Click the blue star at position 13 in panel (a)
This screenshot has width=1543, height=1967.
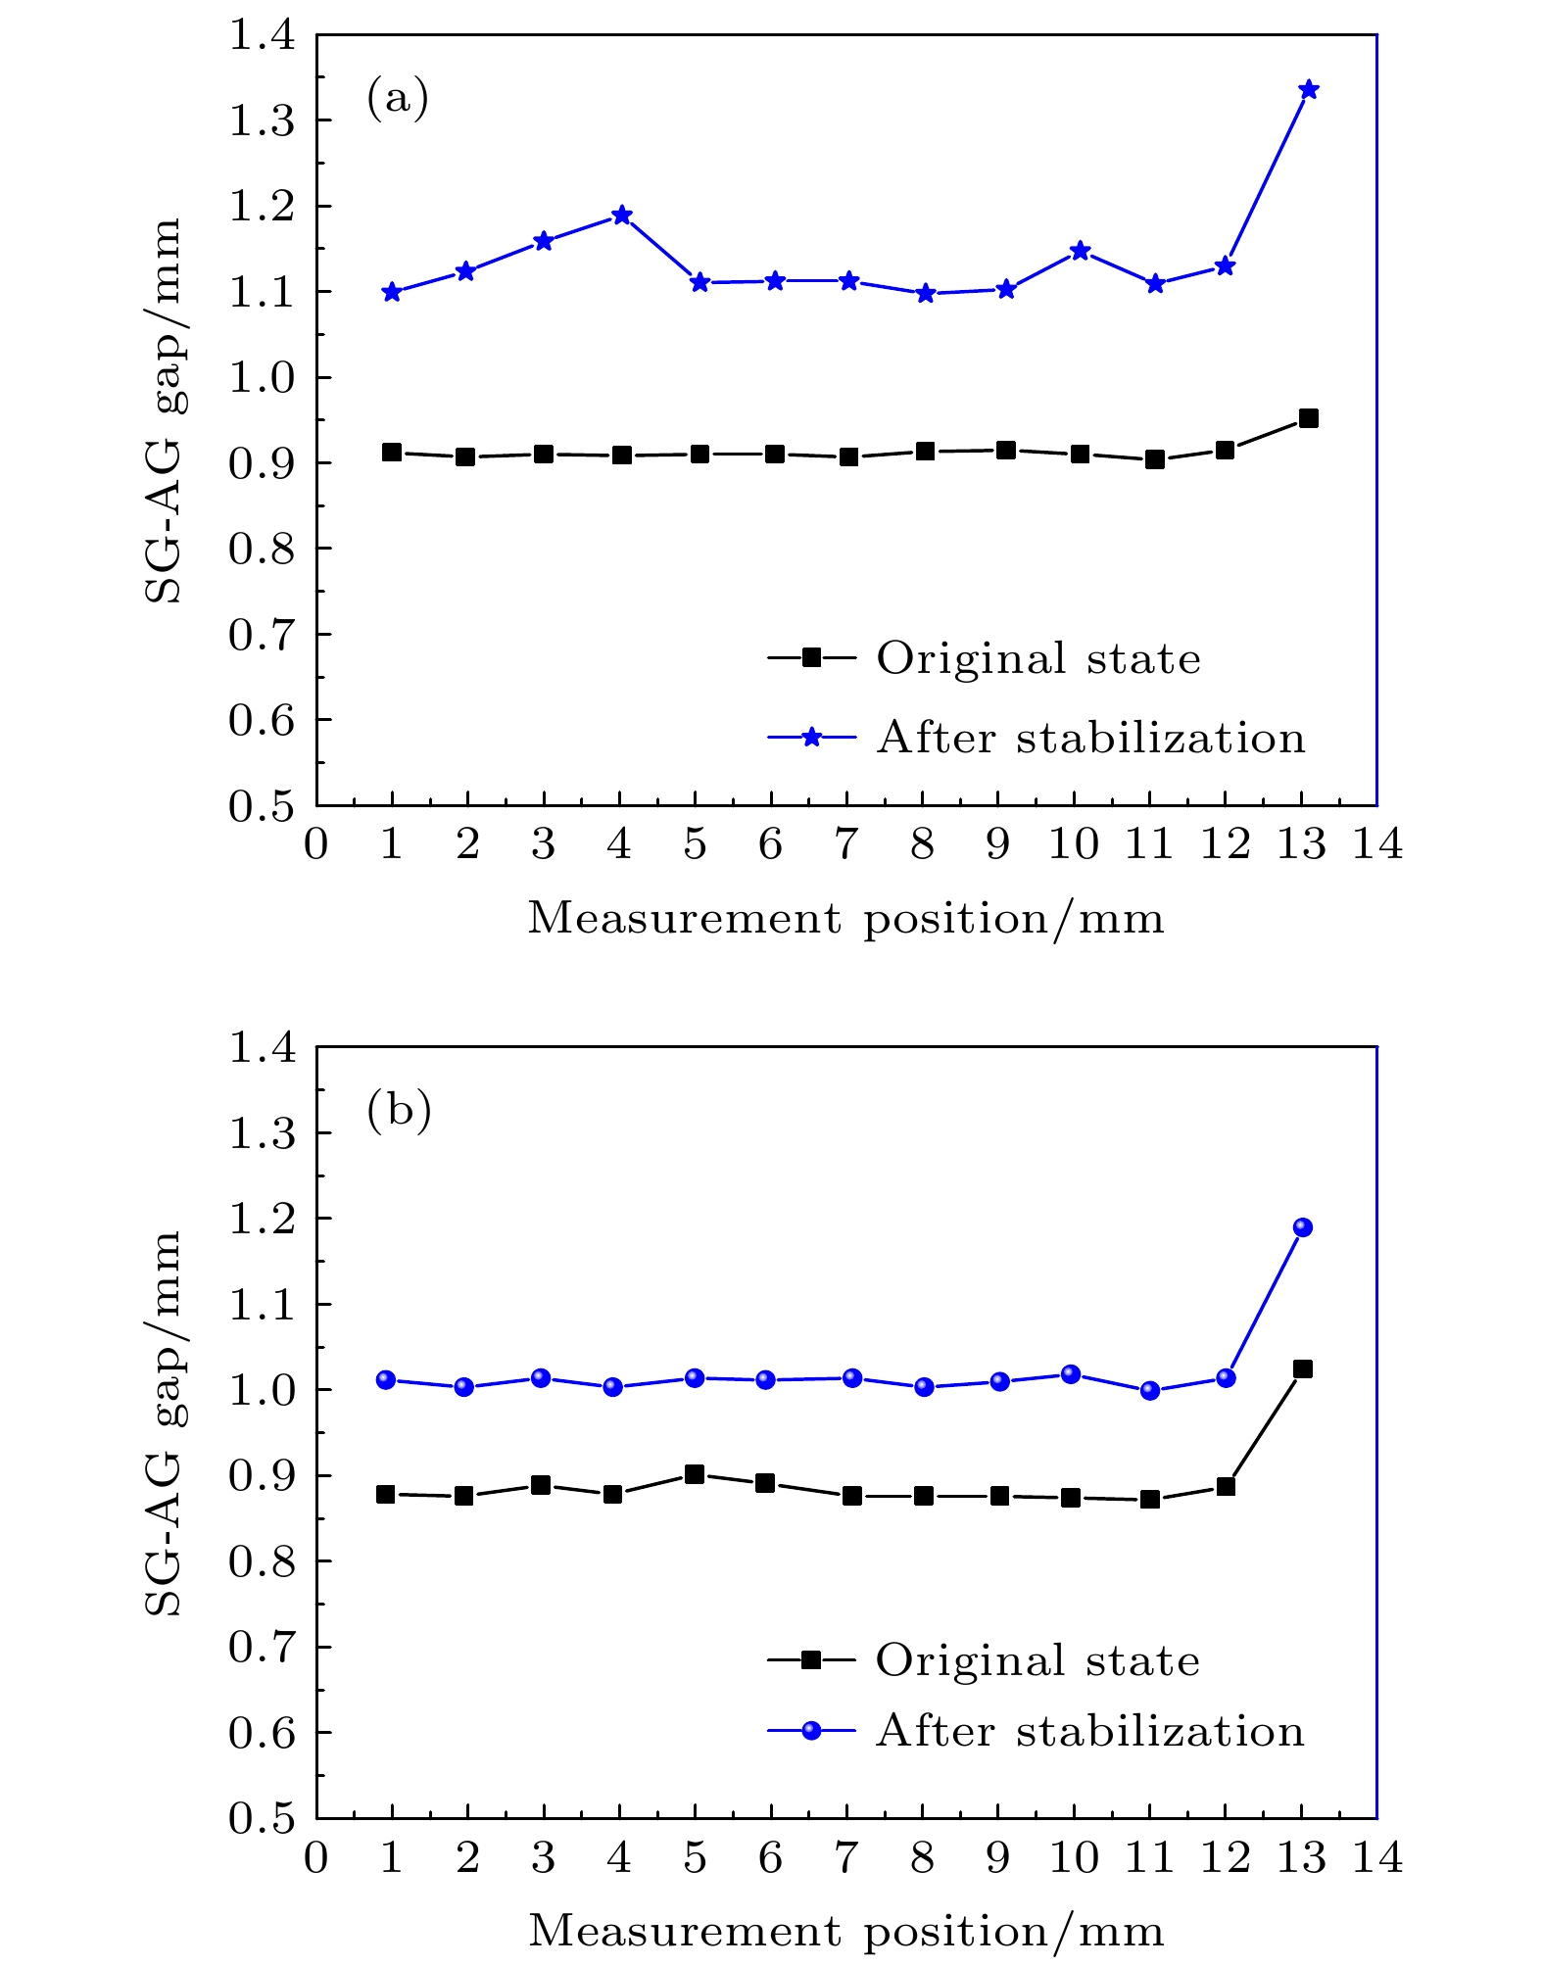point(1308,90)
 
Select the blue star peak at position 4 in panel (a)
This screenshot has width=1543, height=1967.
point(621,216)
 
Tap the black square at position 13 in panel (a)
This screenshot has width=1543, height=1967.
point(1308,418)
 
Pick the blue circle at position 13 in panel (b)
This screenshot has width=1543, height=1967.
point(1302,1227)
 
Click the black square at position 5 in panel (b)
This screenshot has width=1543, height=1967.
point(695,1474)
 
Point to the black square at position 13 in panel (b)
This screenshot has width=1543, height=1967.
point(1302,1368)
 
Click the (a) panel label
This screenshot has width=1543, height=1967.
point(398,98)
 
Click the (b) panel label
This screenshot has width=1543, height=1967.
point(399,1110)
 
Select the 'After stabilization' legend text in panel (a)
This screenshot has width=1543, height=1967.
point(1090,739)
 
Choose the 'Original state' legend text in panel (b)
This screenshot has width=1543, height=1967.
point(1037,1660)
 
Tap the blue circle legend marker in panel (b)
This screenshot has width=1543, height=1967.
point(811,1731)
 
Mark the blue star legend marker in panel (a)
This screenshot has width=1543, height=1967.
point(811,739)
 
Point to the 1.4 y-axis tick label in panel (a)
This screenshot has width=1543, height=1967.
point(262,35)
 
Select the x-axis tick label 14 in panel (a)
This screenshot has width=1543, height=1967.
point(1377,844)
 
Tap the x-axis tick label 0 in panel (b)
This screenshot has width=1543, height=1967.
point(315,1857)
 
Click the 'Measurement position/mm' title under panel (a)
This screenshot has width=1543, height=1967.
point(846,919)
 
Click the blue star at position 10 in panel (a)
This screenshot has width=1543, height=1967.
point(1080,251)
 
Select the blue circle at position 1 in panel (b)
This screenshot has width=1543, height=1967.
point(386,1380)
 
